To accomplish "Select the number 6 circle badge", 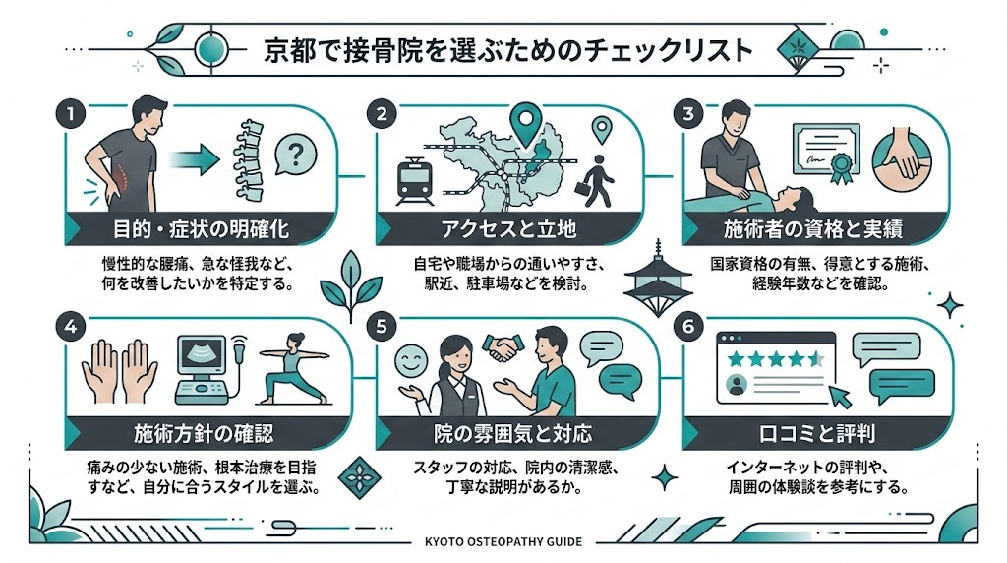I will [x=689, y=325].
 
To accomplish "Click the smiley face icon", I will [x=407, y=359].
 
